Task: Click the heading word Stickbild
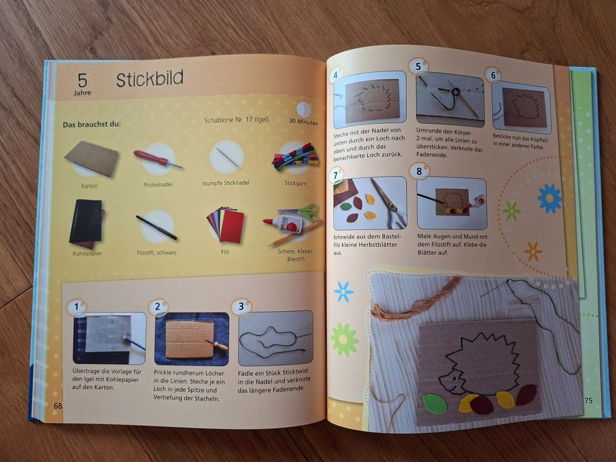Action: click(x=150, y=79)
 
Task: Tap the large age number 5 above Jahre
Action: click(x=83, y=80)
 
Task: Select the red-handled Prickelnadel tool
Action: click(x=158, y=159)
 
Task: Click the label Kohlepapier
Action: click(x=87, y=253)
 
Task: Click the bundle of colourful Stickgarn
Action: click(x=296, y=156)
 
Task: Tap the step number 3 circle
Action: click(x=241, y=306)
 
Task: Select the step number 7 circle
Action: click(x=336, y=175)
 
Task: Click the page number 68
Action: click(x=58, y=405)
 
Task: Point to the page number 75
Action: click(x=588, y=400)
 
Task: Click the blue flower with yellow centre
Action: click(x=549, y=198)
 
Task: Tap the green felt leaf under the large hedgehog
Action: click(x=435, y=403)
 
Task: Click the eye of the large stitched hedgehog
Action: click(x=454, y=378)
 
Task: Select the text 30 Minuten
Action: click(x=303, y=121)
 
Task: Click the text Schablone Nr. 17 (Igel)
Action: click(x=237, y=120)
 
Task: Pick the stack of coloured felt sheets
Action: click(x=226, y=225)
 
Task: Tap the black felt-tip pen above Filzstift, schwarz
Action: click(x=156, y=227)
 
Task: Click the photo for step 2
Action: click(x=192, y=339)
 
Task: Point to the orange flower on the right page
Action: click(x=533, y=251)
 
